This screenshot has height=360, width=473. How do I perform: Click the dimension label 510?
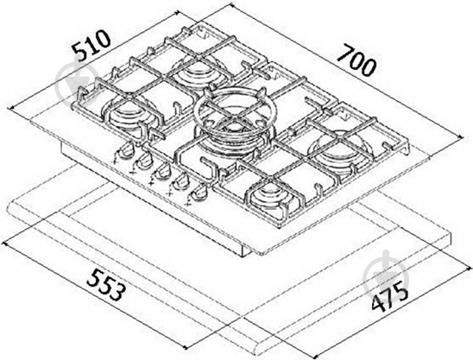pos(91,45)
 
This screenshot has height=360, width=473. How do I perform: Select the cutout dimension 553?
pos(105,285)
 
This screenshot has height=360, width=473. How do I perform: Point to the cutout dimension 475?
pos(389,296)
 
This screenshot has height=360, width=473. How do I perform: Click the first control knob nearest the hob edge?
pos(125,151)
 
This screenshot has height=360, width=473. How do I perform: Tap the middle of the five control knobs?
pos(161,171)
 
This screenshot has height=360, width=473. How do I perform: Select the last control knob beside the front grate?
pos(198,193)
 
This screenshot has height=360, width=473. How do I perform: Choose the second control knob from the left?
pos(143,161)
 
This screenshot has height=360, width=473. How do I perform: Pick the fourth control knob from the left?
pos(180,181)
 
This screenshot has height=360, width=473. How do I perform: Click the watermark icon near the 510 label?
pos(78,84)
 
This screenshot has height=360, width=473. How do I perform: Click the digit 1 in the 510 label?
pos(93,44)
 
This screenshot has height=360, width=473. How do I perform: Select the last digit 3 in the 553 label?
pos(117,292)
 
